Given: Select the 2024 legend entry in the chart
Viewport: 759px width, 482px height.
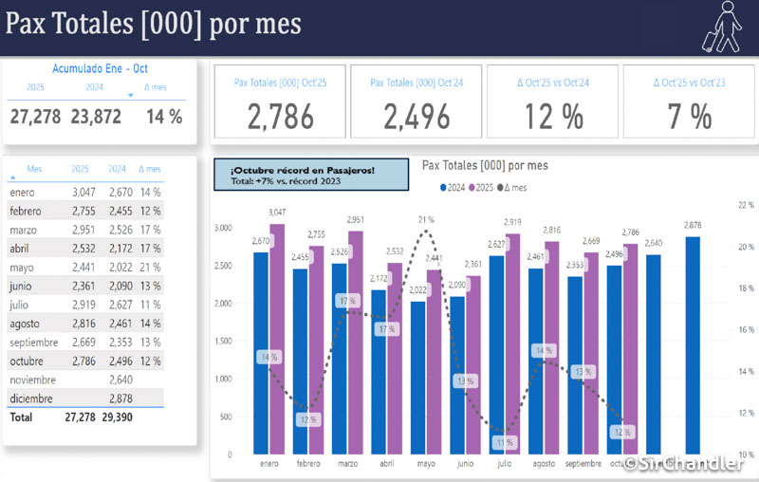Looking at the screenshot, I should click(x=454, y=188).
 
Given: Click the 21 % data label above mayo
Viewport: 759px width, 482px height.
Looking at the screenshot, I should click(x=426, y=220).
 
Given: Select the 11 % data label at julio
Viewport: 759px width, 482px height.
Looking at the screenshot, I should click(x=504, y=442).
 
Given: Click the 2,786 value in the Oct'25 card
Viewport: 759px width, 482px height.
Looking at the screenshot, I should click(x=280, y=117).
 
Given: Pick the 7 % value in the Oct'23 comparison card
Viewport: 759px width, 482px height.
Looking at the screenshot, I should click(x=689, y=117).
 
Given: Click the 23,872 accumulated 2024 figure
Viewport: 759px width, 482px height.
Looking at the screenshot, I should click(x=96, y=117).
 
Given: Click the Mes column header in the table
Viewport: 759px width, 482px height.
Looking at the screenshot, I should click(x=35, y=169).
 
